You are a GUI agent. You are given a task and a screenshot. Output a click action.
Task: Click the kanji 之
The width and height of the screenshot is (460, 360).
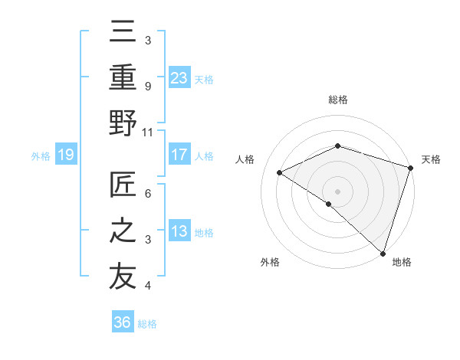point(123,231)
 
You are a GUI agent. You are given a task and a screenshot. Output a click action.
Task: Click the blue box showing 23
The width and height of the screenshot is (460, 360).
point(179,78)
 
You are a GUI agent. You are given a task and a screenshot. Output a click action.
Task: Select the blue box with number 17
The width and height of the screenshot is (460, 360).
point(179,155)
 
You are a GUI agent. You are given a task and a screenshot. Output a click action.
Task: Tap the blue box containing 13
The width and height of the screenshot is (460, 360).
point(179,231)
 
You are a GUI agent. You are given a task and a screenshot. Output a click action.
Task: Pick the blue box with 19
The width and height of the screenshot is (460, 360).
point(66,155)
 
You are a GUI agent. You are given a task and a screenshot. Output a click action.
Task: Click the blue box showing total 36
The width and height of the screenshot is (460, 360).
point(123,322)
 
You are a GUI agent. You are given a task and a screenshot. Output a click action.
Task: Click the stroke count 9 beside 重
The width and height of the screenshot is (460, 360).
point(147,87)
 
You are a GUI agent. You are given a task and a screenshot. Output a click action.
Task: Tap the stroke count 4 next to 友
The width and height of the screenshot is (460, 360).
point(147,286)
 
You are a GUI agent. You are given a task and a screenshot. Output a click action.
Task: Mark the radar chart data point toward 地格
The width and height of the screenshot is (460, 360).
point(383,253)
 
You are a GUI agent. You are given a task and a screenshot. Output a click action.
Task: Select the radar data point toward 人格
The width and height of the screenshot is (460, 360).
point(280,172)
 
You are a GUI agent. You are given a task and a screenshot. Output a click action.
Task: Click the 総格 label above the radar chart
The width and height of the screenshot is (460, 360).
point(338,100)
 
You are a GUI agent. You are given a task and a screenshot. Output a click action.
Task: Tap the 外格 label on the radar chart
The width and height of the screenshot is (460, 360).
point(270,262)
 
